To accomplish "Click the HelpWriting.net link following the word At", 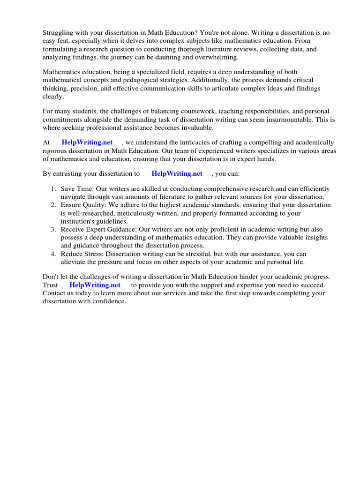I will [x=87, y=142].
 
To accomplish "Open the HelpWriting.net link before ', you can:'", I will [x=177, y=173].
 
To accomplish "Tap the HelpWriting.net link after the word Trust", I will [x=95, y=285].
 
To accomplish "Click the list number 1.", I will [x=53, y=189].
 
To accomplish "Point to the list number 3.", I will [x=53, y=230].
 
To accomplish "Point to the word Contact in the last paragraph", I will [x=54, y=293].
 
